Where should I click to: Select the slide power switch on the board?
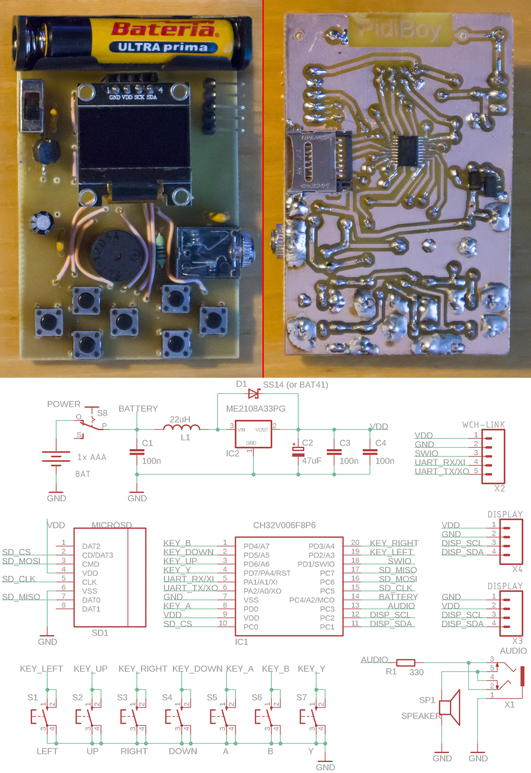tap(32, 106)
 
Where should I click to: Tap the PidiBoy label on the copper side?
tap(400, 29)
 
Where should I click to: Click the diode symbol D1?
tap(254, 393)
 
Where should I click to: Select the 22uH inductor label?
tap(180, 419)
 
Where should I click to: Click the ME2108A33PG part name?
tap(255, 409)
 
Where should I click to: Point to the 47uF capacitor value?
tap(312, 460)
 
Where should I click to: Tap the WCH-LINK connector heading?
tap(483, 425)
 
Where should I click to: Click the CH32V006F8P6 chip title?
tap(284, 525)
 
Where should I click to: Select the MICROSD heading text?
tap(111, 525)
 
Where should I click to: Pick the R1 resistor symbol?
tap(405, 663)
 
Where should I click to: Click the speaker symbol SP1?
tap(450, 707)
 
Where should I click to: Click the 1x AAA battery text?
tap(92, 457)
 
